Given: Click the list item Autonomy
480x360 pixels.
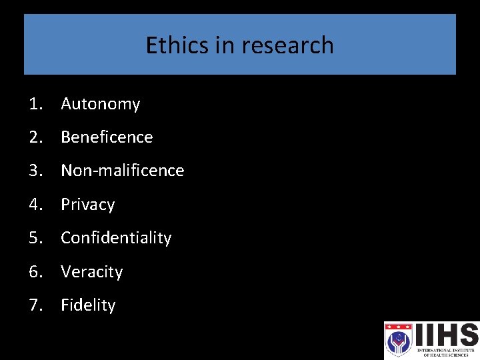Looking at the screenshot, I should [x=100, y=104].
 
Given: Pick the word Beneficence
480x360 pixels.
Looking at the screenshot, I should [x=107, y=137].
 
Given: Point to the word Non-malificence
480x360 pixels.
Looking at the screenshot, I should [x=122, y=171].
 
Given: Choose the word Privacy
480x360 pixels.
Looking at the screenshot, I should [x=87, y=205].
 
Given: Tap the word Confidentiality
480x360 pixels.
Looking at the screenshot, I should [x=116, y=238].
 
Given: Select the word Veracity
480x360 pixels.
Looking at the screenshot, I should [x=91, y=272].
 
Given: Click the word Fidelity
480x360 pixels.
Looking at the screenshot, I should [x=88, y=305].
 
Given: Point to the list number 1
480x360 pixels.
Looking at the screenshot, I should [x=35, y=104].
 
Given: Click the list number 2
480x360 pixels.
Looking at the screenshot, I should [x=35, y=137].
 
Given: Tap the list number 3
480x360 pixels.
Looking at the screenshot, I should [x=35, y=171].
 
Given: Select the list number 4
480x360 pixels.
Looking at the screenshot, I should [x=35, y=205].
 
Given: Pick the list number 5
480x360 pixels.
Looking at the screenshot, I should [x=35, y=238].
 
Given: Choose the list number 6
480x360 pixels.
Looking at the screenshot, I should [x=35, y=272].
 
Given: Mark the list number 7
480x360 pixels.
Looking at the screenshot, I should [x=35, y=305].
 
